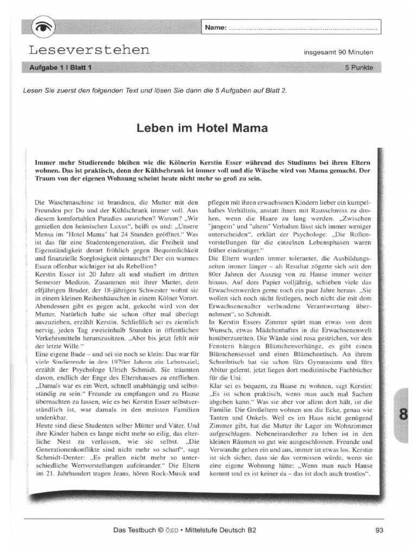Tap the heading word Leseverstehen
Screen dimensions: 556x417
90,50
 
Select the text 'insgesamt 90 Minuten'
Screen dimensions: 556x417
338,53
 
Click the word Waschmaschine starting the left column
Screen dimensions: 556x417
69,201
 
